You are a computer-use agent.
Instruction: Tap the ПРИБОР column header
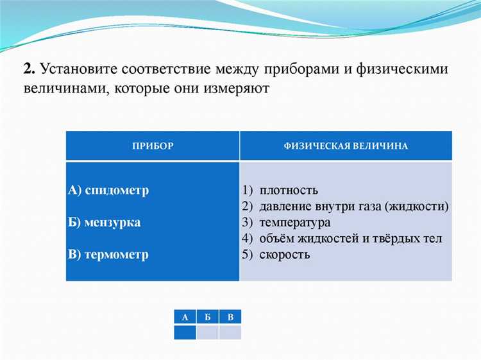[x=153, y=146]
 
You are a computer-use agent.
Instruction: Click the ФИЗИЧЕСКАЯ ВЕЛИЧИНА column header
[x=346, y=146]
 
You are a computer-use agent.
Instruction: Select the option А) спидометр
[x=108, y=191]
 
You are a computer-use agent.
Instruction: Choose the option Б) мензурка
[x=105, y=223]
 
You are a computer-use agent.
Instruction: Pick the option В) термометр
[x=108, y=254]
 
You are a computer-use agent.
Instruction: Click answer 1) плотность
[x=280, y=191]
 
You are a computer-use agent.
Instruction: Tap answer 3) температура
[x=287, y=223]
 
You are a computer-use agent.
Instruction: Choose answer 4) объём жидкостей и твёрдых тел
[x=342, y=239]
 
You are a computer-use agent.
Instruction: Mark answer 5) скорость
[x=276, y=254]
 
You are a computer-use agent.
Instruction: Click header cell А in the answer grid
[x=185, y=317]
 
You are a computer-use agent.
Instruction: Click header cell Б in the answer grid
[x=207, y=317]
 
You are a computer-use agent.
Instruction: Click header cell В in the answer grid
[x=230, y=317]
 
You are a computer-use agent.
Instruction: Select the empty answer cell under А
[x=185, y=332]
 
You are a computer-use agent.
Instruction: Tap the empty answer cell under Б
[x=207, y=332]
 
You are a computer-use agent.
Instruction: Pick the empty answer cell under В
[x=230, y=332]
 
